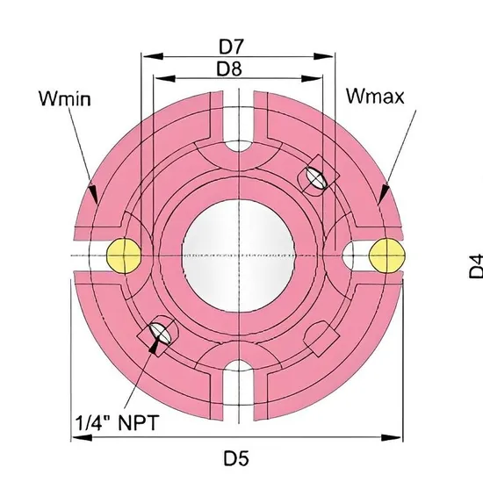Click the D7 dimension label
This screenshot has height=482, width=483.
click(x=237, y=44)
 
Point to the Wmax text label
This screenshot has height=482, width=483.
click(x=375, y=96)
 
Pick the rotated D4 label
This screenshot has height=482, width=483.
click(x=475, y=264)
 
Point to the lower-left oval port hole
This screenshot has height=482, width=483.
click(x=162, y=333)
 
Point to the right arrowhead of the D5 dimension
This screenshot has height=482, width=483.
click(x=399, y=437)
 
